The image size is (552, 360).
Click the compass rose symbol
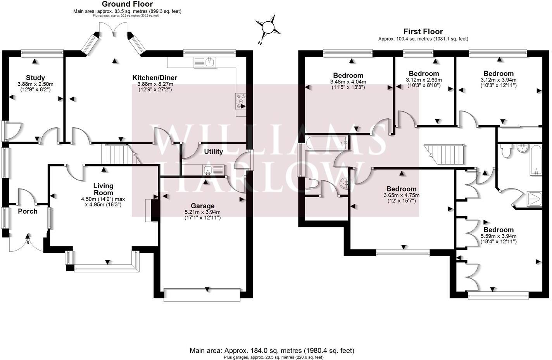(x=268, y=28)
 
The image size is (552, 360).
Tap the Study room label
(x=35, y=78)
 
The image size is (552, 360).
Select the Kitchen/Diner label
(x=155, y=78)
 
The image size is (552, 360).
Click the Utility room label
(x=214, y=152)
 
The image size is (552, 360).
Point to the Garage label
(x=202, y=206)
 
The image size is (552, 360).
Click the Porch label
(x=28, y=211)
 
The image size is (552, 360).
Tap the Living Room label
(x=103, y=189)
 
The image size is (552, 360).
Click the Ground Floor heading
(x=127, y=4)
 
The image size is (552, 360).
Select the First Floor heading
(x=423, y=31)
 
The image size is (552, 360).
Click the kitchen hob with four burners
(x=240, y=101)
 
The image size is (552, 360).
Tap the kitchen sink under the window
(x=205, y=62)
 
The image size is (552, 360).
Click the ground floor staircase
(x=115, y=154)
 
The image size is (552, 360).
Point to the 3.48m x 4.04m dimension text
(x=348, y=82)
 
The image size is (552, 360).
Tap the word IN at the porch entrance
(x=28, y=243)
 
